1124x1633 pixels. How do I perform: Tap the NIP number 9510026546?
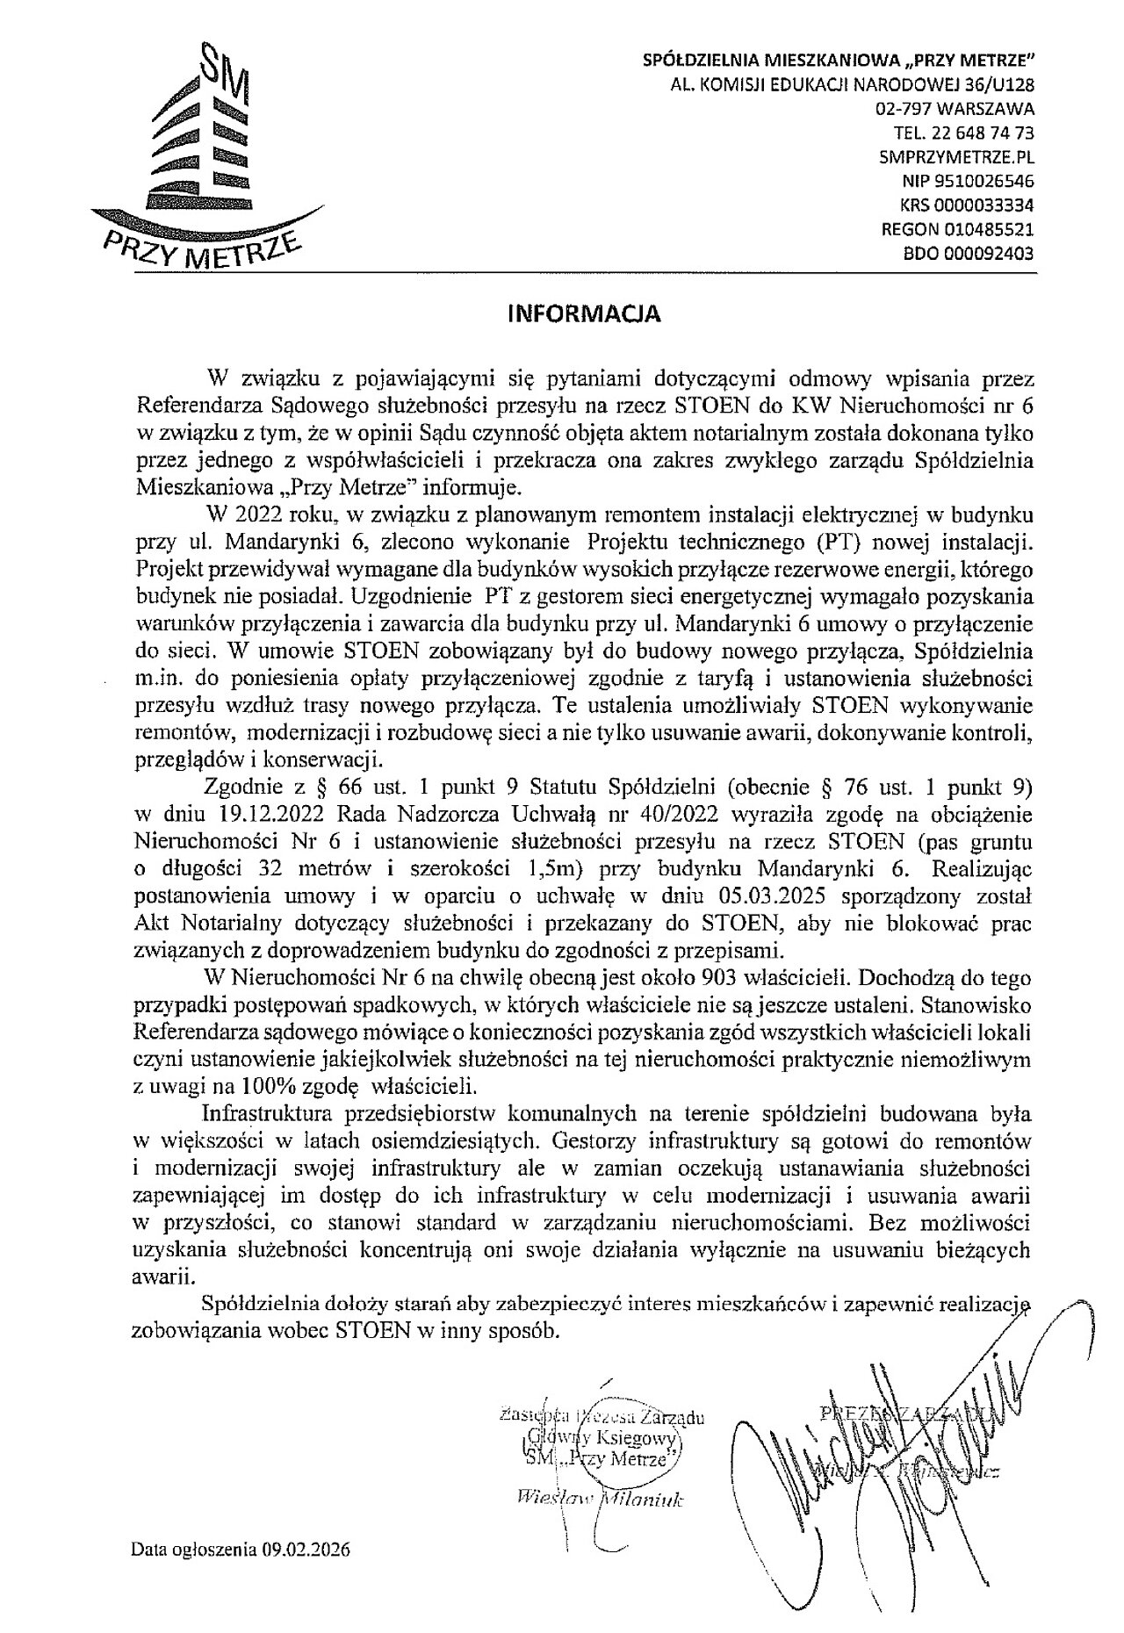pyautogui.click(x=980, y=182)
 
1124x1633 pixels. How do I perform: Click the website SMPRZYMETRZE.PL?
pyautogui.click(x=956, y=158)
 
